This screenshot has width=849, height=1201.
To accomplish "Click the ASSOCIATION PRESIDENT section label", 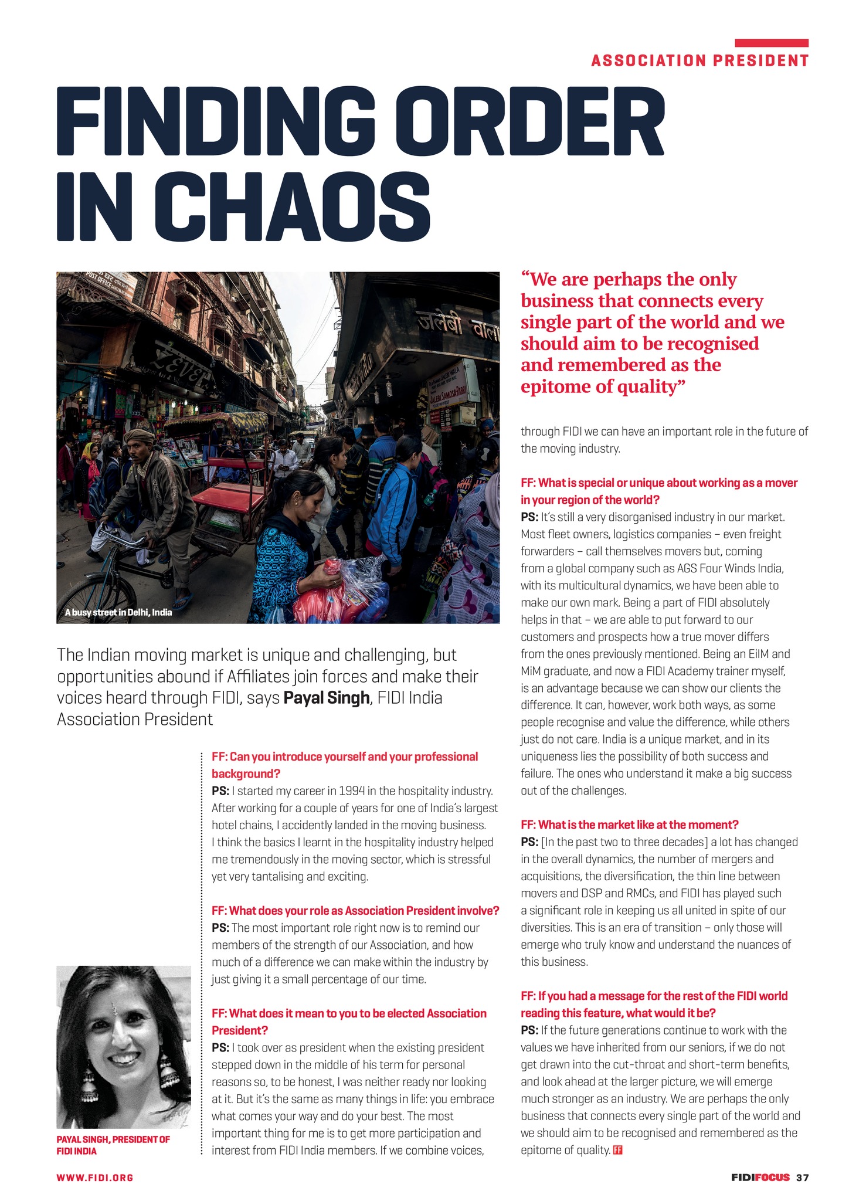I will click(x=700, y=60).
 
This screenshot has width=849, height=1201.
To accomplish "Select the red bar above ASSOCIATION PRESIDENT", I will click(x=772, y=43).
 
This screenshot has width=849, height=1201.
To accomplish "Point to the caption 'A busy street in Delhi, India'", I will click(x=119, y=612).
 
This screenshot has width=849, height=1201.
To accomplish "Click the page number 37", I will click(x=803, y=1177).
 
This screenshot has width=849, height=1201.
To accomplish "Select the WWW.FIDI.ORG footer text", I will click(x=95, y=1177).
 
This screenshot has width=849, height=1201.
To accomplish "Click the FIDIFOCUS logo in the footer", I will click(x=760, y=1177).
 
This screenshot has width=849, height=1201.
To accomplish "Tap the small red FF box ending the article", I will click(x=617, y=1150).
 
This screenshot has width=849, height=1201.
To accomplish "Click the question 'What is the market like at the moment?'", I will click(x=629, y=825).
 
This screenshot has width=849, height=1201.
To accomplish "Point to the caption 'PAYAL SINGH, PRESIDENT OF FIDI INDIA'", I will click(x=113, y=1145).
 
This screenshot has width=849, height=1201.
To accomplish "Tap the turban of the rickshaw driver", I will click(x=140, y=435).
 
